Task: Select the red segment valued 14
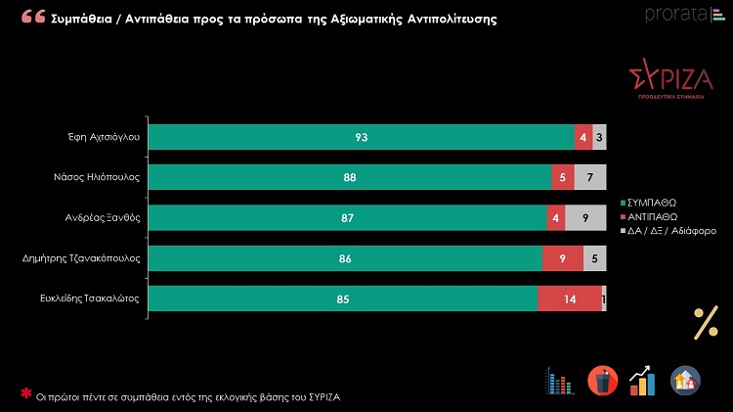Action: pyautogui.click(x=569, y=299)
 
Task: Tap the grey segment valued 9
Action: pyautogui.click(x=585, y=218)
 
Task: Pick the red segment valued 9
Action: pyautogui.click(x=562, y=258)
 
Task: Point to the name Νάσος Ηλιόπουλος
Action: pyautogui.click(x=97, y=178)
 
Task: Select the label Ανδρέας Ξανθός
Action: pyautogui.click(x=103, y=218)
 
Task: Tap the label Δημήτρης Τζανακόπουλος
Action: pyautogui.click(x=81, y=258)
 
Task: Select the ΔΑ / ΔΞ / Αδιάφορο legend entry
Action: pyautogui.click(x=674, y=231)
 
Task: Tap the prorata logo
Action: pyautogui.click(x=678, y=14)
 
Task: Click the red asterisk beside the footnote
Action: pyautogui.click(x=25, y=393)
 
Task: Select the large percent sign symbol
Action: pyautogui.click(x=705, y=322)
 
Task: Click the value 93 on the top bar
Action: pyautogui.click(x=361, y=138)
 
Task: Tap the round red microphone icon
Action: pyautogui.click(x=602, y=380)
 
